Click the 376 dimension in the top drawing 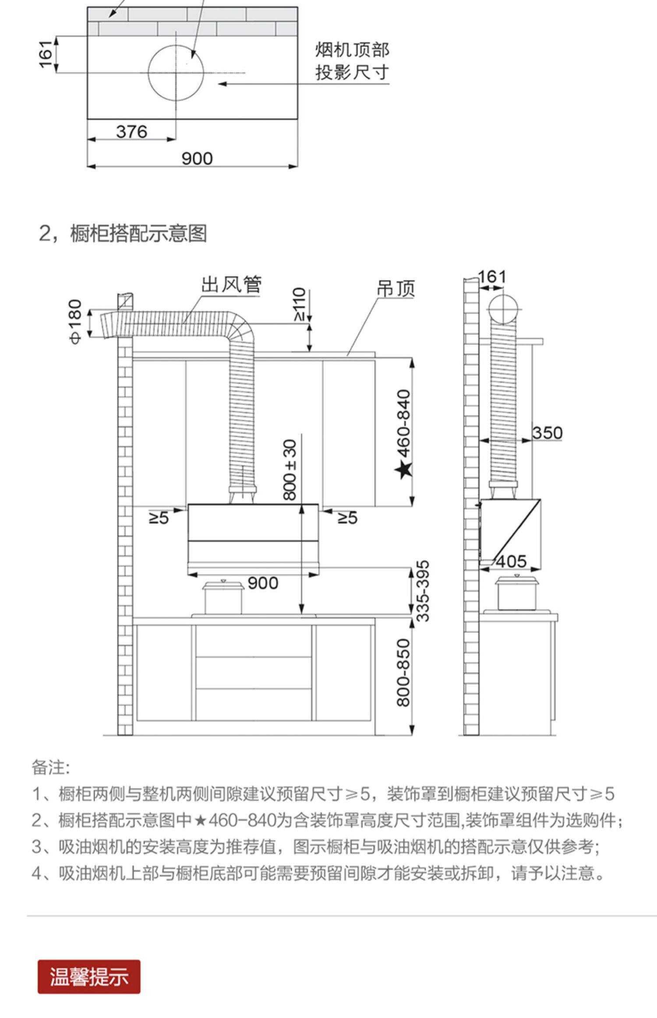[x=131, y=132]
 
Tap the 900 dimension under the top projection [x=197, y=159]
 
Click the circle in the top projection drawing [x=176, y=73]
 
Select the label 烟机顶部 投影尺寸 [x=352, y=61]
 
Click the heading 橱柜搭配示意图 [x=138, y=233]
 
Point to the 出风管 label [x=231, y=285]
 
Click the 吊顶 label [x=396, y=289]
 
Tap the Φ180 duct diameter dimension [x=75, y=322]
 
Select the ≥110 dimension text [x=299, y=304]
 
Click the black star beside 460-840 [x=403, y=470]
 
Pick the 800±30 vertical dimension [x=290, y=470]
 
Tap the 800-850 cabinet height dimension [x=403, y=673]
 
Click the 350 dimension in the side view [x=547, y=433]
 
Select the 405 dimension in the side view [x=511, y=561]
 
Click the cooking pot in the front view [x=223, y=597]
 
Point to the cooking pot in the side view [x=516, y=594]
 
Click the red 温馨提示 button [x=89, y=977]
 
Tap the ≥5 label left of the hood [x=159, y=518]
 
